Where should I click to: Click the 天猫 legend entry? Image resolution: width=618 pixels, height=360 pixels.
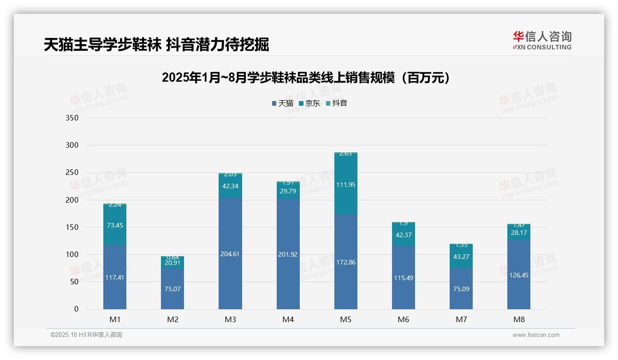pyautogui.click(x=282, y=103)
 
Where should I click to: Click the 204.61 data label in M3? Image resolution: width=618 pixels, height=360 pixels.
pyautogui.click(x=230, y=254)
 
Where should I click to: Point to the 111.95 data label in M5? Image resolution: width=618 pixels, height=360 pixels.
pyautogui.click(x=345, y=185)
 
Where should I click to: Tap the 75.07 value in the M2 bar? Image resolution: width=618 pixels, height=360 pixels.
pyautogui.click(x=172, y=289)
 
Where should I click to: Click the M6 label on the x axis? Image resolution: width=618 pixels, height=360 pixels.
pyautogui.click(x=403, y=319)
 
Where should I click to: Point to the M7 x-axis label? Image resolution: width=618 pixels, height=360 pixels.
pyautogui.click(x=461, y=319)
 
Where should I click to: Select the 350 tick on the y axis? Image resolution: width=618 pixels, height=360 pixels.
pyautogui.click(x=72, y=118)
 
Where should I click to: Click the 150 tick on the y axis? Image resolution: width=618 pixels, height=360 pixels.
pyautogui.click(x=72, y=227)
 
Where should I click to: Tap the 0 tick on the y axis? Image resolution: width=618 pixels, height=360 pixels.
pyautogui.click(x=76, y=309)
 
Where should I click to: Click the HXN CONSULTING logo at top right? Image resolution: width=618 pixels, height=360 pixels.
pyautogui.click(x=542, y=41)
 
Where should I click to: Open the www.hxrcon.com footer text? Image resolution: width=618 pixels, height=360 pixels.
pyautogui.click(x=535, y=335)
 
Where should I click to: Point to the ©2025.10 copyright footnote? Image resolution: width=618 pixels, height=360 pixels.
pyautogui.click(x=86, y=335)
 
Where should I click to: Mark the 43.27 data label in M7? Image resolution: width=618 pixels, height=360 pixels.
pyautogui.click(x=461, y=257)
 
